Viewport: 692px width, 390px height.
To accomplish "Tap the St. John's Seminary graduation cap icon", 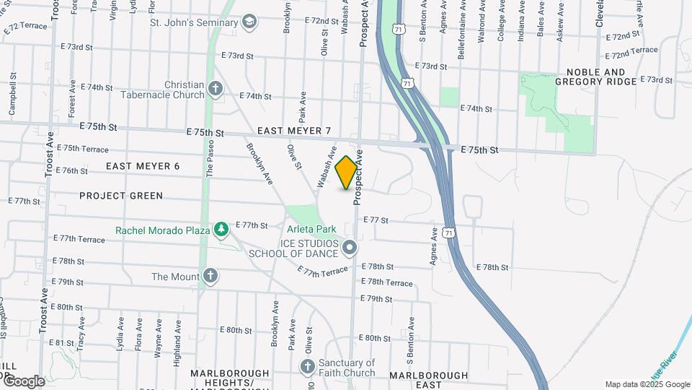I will point(250,21).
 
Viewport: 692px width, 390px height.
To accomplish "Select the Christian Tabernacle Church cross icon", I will point(215,90).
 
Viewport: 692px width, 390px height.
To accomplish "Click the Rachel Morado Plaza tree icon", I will point(222,230).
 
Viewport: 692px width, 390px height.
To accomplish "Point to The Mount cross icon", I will point(210,276).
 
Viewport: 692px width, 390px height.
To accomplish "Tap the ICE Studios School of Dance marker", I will point(350,248).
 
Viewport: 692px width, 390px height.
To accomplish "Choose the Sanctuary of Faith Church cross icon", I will point(307,367).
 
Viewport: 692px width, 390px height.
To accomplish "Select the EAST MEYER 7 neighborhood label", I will point(293,131).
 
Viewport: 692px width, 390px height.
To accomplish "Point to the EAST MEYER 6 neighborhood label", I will point(143,166).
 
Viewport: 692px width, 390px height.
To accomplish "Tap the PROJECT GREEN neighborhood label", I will point(121,196).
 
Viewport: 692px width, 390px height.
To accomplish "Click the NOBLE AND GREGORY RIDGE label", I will point(595,77).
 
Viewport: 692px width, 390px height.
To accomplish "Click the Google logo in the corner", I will point(23,381).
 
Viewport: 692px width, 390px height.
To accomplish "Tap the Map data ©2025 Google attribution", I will point(647,384).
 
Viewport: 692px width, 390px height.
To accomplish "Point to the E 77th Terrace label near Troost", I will point(79,238).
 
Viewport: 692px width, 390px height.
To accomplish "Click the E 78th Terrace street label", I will point(386,282).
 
